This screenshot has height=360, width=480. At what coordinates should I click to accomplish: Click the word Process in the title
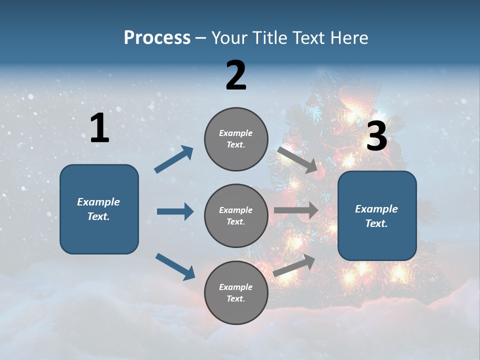pos(157,38)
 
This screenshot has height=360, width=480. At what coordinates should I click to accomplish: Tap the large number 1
pos(99,128)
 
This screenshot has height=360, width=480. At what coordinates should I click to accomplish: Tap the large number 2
pos(236,75)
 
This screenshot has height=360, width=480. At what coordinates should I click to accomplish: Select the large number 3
pos(376,136)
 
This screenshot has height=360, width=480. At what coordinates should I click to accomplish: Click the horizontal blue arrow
pos(175,211)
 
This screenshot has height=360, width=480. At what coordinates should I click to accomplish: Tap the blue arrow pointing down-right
pos(175,266)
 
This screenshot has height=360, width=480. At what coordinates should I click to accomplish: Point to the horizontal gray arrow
pos(296,210)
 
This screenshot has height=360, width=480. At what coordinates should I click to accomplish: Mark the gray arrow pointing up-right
pos(294,265)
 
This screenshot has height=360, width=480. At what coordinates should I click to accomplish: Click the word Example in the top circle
pos(236,133)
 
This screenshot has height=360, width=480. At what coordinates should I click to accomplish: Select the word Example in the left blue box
pos(98,202)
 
